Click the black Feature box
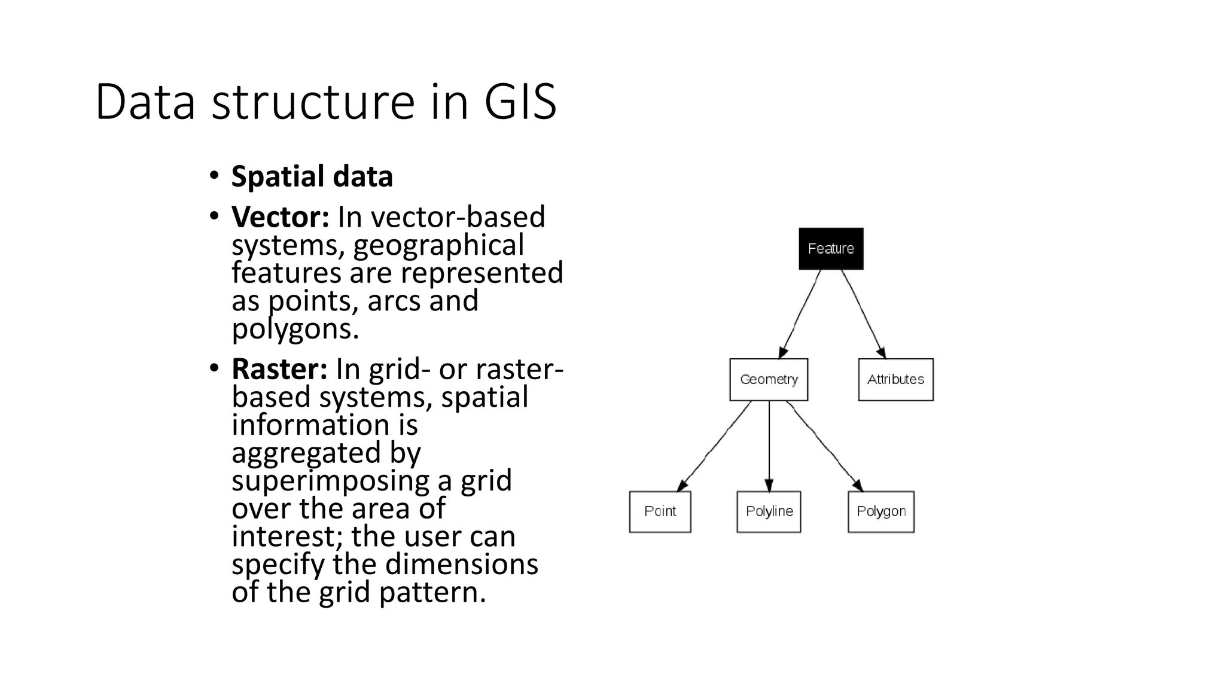[x=831, y=249]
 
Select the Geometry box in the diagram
[x=769, y=380]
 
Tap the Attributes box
[x=895, y=380]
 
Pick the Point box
[x=660, y=512]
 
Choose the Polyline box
[x=769, y=512]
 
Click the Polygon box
[x=881, y=512]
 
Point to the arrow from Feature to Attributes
[x=863, y=313]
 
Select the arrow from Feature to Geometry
[x=800, y=313]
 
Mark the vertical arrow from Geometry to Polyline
[x=769, y=446]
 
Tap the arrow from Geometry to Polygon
[x=824, y=446]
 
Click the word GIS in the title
[x=520, y=102]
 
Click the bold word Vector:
[x=280, y=217]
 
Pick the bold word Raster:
[x=279, y=369]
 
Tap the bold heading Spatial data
[x=312, y=176]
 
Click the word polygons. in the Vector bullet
[x=295, y=329]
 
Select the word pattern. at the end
[x=432, y=592]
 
